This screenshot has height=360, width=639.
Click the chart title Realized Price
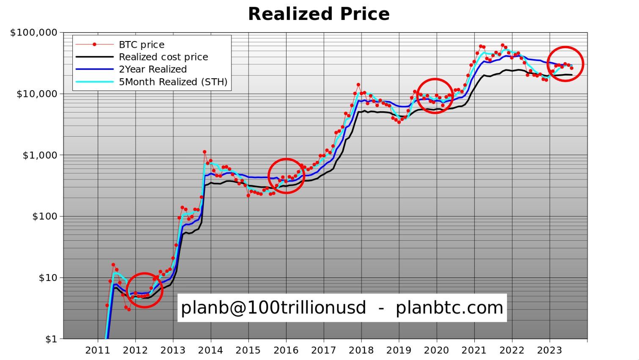[319, 14]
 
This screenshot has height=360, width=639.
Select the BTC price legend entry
[141, 44]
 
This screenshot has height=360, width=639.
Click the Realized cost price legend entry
[163, 57]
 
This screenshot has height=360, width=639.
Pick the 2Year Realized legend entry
[152, 69]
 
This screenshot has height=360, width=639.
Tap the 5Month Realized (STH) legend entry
[173, 82]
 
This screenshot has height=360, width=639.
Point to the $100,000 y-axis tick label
[33, 33]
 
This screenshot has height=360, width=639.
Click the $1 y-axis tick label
[50, 339]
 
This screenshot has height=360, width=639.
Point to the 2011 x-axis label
[97, 350]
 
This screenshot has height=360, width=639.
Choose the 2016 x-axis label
[286, 350]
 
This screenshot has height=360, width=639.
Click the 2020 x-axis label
[436, 350]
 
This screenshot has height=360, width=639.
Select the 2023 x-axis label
[549, 350]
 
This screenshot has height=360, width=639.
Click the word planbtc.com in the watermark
[449, 308]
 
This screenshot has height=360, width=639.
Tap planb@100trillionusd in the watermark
[273, 308]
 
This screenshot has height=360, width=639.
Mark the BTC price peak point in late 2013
[204, 152]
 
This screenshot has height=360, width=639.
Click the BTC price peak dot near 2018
[358, 85]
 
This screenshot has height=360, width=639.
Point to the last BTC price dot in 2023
[572, 68]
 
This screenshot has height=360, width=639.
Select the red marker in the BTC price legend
[95, 44]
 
